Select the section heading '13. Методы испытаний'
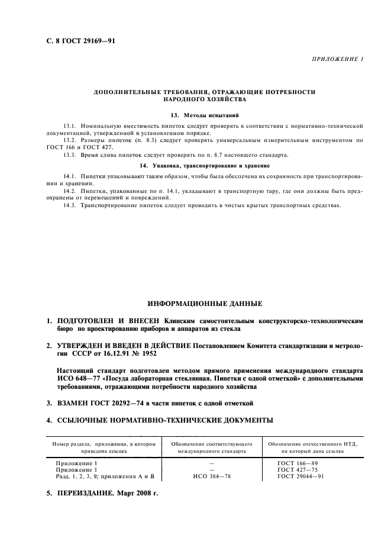point(204,115)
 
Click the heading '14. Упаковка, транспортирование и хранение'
point(204,165)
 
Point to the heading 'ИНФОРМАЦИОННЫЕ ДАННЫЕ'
point(205,304)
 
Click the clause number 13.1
point(70,126)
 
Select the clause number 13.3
point(70,154)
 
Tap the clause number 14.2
point(70,191)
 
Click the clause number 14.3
point(70,205)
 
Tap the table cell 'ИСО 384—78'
point(211,476)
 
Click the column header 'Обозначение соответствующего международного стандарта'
point(211,446)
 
